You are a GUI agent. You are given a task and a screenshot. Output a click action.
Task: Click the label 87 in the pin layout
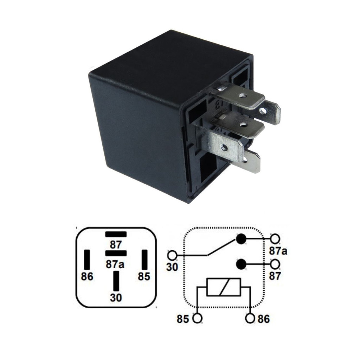tap(115, 245)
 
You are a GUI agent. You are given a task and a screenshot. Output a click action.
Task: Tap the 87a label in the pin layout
tap(115, 264)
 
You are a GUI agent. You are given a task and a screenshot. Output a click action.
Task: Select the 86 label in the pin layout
tap(87, 277)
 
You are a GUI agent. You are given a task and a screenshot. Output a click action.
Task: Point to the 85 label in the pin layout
tap(144, 277)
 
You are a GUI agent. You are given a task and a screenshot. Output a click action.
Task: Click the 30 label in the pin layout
tap(116, 298)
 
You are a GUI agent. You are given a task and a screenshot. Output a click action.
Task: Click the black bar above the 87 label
tap(116, 234)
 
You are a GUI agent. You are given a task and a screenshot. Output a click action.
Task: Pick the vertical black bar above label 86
tap(87, 260)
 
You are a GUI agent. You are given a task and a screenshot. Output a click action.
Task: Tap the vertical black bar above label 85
tap(144, 260)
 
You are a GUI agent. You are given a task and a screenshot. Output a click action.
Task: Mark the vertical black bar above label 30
tap(116, 281)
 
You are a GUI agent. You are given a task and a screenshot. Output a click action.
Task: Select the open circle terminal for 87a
tap(275, 239)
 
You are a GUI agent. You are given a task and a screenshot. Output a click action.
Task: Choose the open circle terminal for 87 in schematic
tap(275, 264)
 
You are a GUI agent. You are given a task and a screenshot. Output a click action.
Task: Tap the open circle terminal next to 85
tap(198, 319)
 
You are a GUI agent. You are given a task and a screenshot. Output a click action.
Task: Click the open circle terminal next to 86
tap(250, 319)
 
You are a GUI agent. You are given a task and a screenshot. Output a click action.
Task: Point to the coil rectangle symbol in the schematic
tap(224, 287)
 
